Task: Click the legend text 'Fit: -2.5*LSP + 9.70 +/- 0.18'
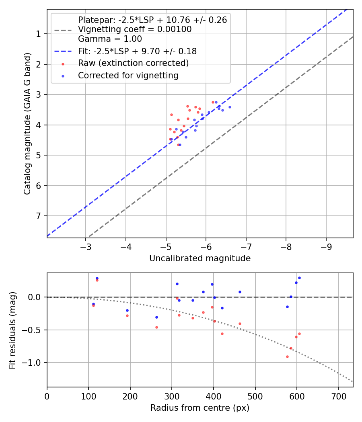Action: point(137,51)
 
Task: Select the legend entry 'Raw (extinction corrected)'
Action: point(133,63)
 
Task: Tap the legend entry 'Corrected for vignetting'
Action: point(128,75)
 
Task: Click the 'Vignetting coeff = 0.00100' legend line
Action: point(135,29)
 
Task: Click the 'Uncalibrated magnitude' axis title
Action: point(200,258)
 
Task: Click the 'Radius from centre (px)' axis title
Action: point(200,408)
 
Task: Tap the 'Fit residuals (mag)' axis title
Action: point(13,330)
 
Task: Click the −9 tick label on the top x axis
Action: point(326,246)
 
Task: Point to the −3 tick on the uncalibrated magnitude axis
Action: point(86,246)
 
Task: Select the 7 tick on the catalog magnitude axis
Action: point(39,216)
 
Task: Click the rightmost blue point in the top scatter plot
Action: point(230,107)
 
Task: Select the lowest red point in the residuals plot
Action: point(287,356)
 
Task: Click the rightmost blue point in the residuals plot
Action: point(299,278)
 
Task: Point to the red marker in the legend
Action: point(63,64)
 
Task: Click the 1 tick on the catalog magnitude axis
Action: point(39,34)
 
